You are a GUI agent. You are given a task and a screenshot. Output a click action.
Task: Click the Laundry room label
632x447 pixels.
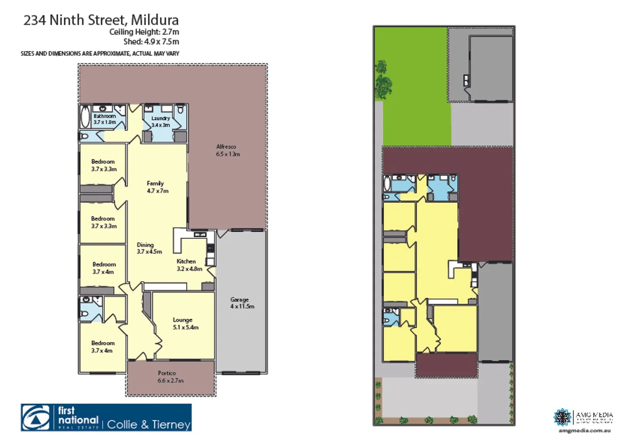tap(161, 122)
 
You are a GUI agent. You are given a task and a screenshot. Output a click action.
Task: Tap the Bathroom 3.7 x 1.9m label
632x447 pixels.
tap(104, 119)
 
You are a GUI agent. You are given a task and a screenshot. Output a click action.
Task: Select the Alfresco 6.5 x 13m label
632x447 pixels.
tap(227, 150)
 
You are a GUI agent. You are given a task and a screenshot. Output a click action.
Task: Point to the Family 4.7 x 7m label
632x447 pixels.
tap(157, 187)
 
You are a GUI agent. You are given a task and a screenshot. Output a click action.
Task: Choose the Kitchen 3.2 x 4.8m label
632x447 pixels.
tap(189, 265)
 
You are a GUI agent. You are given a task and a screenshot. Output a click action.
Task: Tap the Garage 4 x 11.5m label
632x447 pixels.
tap(241, 303)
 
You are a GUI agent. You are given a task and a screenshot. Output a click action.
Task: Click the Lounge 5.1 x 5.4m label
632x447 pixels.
tap(185, 323)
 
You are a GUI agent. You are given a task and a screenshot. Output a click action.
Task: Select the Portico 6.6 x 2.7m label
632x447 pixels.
tap(170, 377)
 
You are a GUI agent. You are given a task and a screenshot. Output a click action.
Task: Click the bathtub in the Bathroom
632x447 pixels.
tap(85, 117)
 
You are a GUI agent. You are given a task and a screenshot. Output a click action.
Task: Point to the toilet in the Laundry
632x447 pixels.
tap(180, 110)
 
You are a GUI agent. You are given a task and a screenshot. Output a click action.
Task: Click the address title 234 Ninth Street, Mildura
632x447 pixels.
tap(101, 20)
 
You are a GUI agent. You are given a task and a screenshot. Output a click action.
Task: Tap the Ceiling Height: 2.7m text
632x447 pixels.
tap(144, 32)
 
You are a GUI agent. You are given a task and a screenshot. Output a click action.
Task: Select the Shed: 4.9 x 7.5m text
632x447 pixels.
tap(151, 42)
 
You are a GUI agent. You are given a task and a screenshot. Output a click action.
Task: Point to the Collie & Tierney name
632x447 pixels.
tap(149, 424)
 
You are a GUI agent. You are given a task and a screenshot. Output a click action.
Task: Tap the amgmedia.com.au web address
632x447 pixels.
tap(584, 431)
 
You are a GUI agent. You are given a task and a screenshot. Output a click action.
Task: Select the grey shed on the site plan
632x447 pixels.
tap(491, 68)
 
